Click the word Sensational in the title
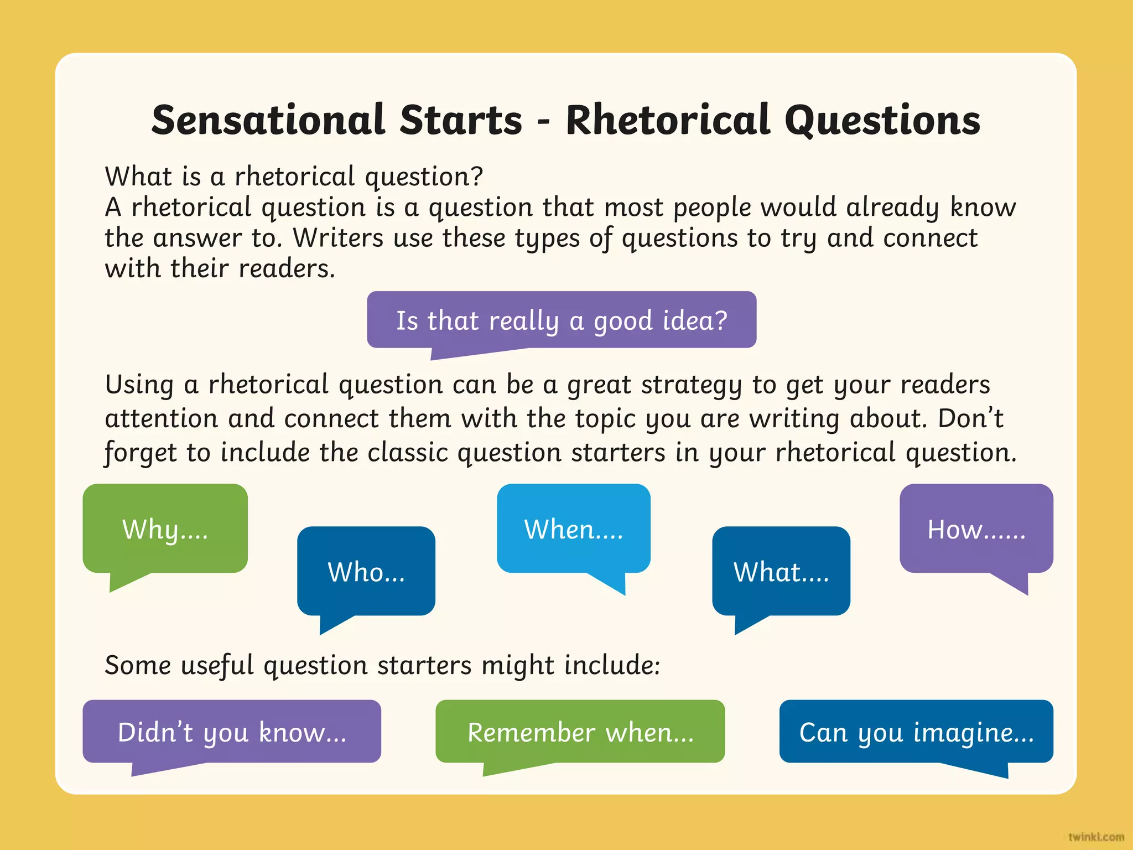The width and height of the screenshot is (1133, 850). [268, 120]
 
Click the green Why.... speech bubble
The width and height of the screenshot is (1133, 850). [165, 528]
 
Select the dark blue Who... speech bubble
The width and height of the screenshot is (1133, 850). [366, 571]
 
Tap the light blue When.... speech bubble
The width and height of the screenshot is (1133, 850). [573, 528]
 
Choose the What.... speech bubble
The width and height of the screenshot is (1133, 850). [781, 571]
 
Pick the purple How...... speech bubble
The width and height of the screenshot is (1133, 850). [976, 528]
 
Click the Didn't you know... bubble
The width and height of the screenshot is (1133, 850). [232, 732]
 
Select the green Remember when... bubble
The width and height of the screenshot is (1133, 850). [580, 732]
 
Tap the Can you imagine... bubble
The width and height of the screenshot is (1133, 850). [916, 732]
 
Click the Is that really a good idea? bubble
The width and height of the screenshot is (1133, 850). [561, 320]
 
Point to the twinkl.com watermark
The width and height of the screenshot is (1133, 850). [1096, 837]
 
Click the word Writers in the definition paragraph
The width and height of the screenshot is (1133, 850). [337, 238]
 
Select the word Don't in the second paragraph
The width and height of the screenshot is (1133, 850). [970, 418]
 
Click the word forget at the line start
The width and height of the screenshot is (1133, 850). [141, 453]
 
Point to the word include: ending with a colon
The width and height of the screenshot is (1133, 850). [612, 665]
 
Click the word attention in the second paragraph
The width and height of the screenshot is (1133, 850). [162, 418]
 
